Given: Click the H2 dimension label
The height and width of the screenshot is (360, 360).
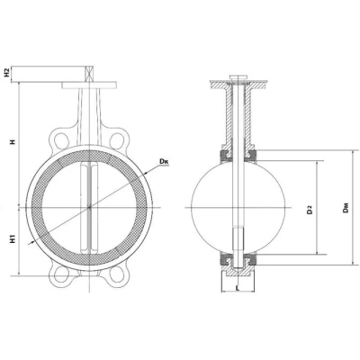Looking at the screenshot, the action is tap(8, 73).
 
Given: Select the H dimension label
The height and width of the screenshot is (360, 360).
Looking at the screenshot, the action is tap(13, 142).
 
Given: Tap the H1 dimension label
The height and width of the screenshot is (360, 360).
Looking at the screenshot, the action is tap(13, 239).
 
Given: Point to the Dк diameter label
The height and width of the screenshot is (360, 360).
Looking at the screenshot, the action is tap(164, 161).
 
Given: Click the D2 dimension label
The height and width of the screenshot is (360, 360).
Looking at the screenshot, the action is tap(310, 210).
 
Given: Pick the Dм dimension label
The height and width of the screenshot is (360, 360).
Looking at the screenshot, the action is tap(346, 208).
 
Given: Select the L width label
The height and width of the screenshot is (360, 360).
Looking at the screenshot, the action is tap(238, 288).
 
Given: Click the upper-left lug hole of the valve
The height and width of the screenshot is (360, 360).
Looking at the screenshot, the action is tap(61, 139).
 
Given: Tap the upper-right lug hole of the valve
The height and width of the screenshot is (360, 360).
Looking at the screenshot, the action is tap(117, 139).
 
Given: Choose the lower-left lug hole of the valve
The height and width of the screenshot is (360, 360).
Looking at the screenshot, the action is tap(61, 274).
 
